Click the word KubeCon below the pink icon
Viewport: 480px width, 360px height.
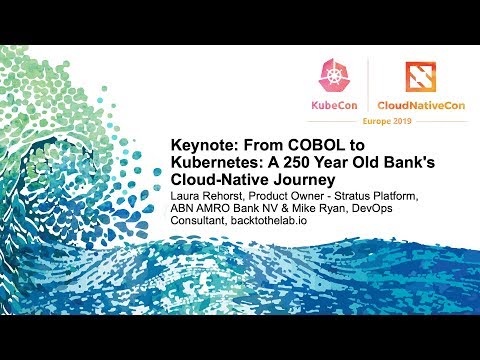click(335, 104)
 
